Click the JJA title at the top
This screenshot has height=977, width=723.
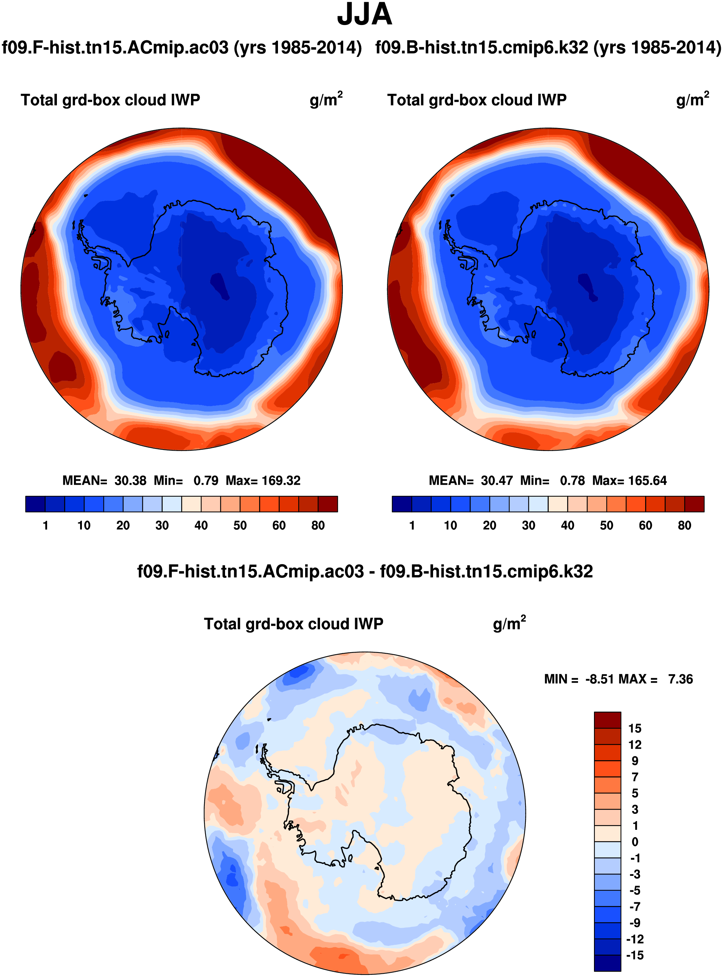[x=364, y=15]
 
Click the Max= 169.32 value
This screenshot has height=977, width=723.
[x=263, y=481]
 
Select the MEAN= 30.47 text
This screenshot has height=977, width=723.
[x=470, y=481]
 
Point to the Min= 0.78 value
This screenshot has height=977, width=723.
[x=552, y=481]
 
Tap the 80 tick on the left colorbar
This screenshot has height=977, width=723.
[x=318, y=525]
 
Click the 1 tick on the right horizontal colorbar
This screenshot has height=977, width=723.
[x=412, y=525]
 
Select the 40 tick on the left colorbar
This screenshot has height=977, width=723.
[x=201, y=525]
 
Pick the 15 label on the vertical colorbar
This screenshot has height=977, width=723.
[x=635, y=728]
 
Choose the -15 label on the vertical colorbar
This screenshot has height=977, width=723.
[x=635, y=955]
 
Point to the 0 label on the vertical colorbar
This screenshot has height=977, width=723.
[x=635, y=842]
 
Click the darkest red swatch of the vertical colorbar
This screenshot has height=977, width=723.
[x=607, y=720]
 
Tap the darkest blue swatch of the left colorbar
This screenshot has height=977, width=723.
[x=36, y=504]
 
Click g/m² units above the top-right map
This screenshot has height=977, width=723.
[x=692, y=99]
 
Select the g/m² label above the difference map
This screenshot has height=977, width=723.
[x=509, y=623]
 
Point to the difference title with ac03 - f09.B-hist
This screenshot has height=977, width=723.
[x=365, y=572]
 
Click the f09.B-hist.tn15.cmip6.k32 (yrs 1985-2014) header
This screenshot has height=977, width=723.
[x=548, y=47]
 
